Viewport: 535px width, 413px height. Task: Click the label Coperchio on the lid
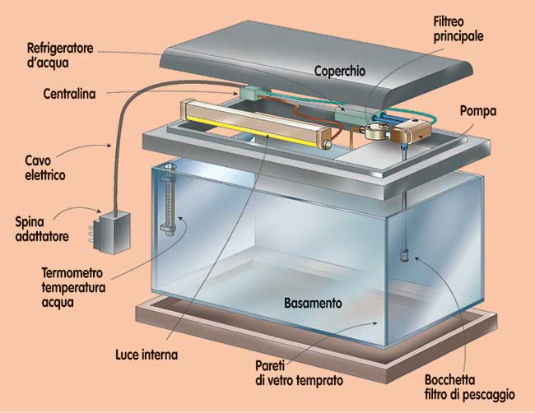click(x=339, y=71)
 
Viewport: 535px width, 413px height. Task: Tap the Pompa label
click(x=478, y=111)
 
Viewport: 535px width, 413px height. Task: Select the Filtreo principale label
click(x=458, y=30)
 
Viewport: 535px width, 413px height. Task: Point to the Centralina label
click(x=69, y=94)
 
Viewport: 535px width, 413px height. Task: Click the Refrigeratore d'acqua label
click(x=60, y=55)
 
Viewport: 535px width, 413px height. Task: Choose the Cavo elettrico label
click(x=45, y=168)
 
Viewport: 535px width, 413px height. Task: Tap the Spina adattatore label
click(x=42, y=229)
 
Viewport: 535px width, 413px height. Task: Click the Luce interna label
click(x=147, y=355)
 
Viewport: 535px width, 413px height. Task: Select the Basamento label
click(x=313, y=303)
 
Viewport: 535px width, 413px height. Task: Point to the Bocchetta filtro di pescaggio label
click(x=469, y=387)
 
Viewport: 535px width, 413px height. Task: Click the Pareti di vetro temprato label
click(x=299, y=373)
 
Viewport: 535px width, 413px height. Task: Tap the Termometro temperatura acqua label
click(x=73, y=287)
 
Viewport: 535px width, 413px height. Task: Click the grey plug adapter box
click(x=113, y=233)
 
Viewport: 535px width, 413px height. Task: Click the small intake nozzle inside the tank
click(x=405, y=256)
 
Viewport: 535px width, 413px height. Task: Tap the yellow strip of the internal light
click(x=254, y=132)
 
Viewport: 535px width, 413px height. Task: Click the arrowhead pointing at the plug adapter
click(x=100, y=211)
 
